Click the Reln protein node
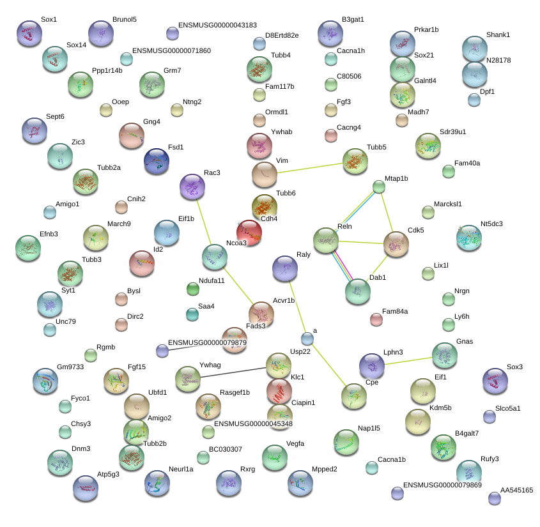pyautogui.click(x=326, y=240)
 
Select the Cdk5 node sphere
pyautogui.click(x=396, y=244)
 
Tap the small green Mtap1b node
pyautogui.click(x=379, y=187)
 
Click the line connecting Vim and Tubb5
pyautogui.click(x=310, y=168)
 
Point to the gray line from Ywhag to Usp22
pyautogui.click(x=233, y=372)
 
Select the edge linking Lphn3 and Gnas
pyautogui.click(x=408, y=361)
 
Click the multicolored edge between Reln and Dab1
pyautogui.click(x=343, y=265)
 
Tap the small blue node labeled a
pyautogui.click(x=307, y=339)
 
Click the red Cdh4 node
pyautogui.click(x=249, y=233)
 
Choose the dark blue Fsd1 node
pyautogui.click(x=157, y=161)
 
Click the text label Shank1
pyautogui.click(x=498, y=34)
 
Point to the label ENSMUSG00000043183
pyautogui.click(x=217, y=25)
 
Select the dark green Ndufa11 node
pyautogui.click(x=193, y=289)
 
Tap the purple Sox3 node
pyautogui.click(x=495, y=381)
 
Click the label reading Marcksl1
pyautogui.click(x=448, y=204)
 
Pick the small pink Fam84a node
pyautogui.click(x=376, y=319)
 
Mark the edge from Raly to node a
pyautogui.click(x=297, y=307)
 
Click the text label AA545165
pyautogui.click(x=516, y=490)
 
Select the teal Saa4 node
pyautogui.click(x=192, y=314)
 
